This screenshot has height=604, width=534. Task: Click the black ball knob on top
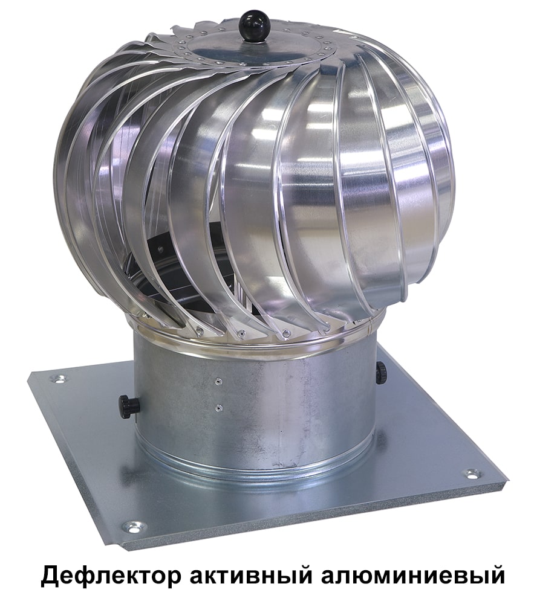tap(250, 24)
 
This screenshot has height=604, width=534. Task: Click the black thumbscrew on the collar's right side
tap(382, 371)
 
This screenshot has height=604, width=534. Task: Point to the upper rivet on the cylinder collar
tap(218, 381)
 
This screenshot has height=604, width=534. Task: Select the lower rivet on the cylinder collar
tap(218, 406)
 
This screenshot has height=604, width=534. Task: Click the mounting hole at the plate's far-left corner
tap(59, 379)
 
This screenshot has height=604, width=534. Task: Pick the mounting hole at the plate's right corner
tap(472, 474)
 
